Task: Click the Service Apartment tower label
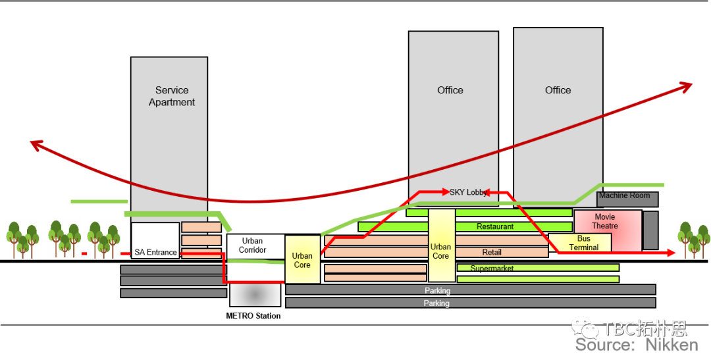[171, 96]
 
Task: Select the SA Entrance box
[155, 241]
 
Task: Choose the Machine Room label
[624, 195]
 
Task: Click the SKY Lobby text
[467, 192]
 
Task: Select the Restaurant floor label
[494, 226]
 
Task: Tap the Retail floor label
[492, 252]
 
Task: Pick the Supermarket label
[492, 269]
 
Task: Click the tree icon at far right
[694, 239]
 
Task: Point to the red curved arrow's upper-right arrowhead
[688, 85]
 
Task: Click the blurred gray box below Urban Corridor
[255, 295]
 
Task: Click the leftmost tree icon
[23, 239]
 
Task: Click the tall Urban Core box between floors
[441, 245]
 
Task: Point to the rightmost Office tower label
[558, 90]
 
